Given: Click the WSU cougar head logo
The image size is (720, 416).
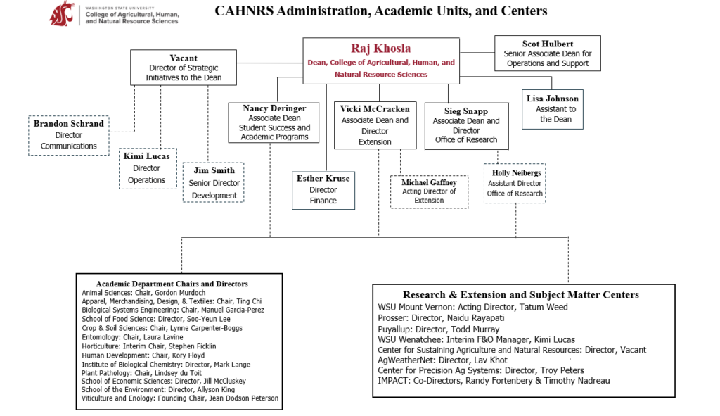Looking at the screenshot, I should click(x=61, y=13).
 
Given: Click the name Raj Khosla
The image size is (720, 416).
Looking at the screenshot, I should click(x=380, y=49).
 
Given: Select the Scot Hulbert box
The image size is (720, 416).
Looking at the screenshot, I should click(x=547, y=53).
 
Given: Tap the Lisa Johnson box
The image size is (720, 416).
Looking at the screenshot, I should click(x=552, y=108).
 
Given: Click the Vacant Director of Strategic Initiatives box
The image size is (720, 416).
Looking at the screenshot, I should click(x=184, y=68).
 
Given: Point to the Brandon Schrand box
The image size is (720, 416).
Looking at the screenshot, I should click(x=68, y=134).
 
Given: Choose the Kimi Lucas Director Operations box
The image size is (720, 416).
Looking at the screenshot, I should click(x=147, y=168).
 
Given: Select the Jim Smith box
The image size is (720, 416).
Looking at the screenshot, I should click(x=214, y=182).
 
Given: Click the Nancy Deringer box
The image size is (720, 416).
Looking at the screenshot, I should click(x=274, y=122).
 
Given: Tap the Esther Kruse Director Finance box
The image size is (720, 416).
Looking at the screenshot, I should click(x=323, y=189).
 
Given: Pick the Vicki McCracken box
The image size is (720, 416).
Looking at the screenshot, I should click(x=374, y=125).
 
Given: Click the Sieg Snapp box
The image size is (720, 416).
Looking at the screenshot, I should click(x=465, y=125).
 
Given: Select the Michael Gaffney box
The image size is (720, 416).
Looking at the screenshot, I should click(x=429, y=191).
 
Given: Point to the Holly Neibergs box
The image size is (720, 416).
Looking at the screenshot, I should click(x=515, y=183).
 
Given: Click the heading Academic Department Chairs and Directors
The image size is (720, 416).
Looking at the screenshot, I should click(x=172, y=284).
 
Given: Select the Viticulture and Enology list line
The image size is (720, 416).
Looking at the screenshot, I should click(x=180, y=398).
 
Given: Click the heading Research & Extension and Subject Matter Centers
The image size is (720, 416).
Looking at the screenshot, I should click(x=521, y=294).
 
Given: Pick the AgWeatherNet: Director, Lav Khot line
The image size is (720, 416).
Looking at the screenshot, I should click(x=442, y=360).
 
